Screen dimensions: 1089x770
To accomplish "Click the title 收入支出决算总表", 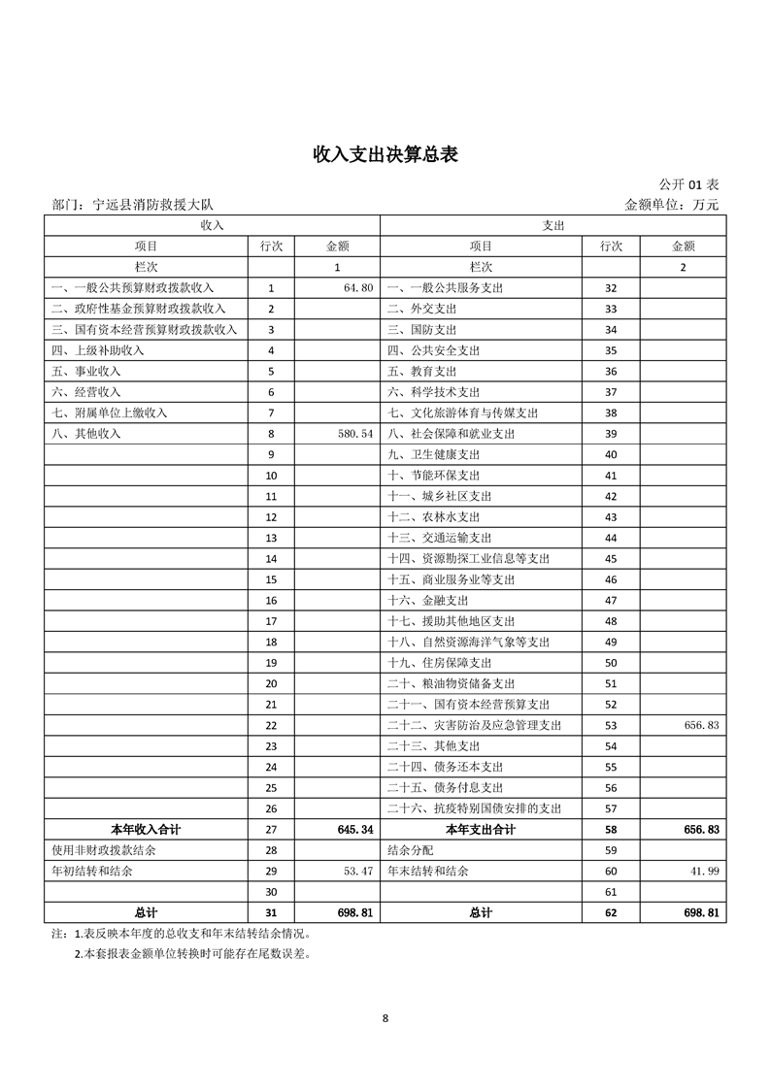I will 385,154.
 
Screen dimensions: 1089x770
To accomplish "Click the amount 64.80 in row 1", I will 357,288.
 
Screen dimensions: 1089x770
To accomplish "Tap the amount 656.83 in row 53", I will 698,725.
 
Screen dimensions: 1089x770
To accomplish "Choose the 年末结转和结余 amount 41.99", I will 704,872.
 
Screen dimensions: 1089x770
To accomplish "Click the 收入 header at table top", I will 212,224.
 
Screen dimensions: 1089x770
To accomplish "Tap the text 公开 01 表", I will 688,184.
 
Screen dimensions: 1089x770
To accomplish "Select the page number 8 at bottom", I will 385,1018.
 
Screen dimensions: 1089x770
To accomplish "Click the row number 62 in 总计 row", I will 611,913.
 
